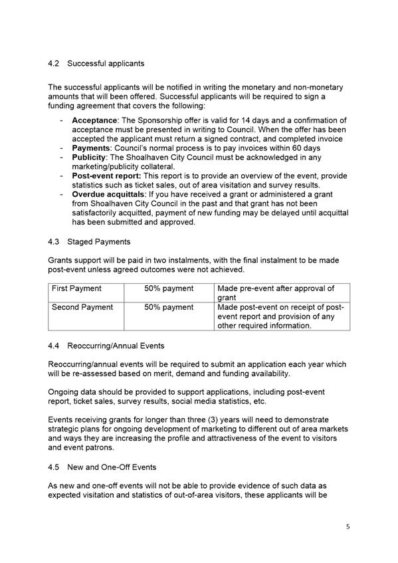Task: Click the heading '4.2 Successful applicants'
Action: [x=96, y=64]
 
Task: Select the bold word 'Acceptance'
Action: [x=94, y=120]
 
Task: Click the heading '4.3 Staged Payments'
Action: [x=89, y=242]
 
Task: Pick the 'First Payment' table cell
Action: [x=76, y=288]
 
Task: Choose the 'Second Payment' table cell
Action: [x=82, y=307]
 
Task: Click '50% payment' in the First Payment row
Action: [x=169, y=288]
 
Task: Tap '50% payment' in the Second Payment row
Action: [x=169, y=307]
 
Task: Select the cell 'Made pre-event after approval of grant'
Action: [x=276, y=293]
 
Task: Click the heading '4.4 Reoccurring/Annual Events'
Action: [x=106, y=346]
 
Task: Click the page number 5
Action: [x=347, y=527]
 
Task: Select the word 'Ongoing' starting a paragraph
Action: [x=64, y=393]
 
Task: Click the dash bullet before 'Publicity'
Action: [x=62, y=158]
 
